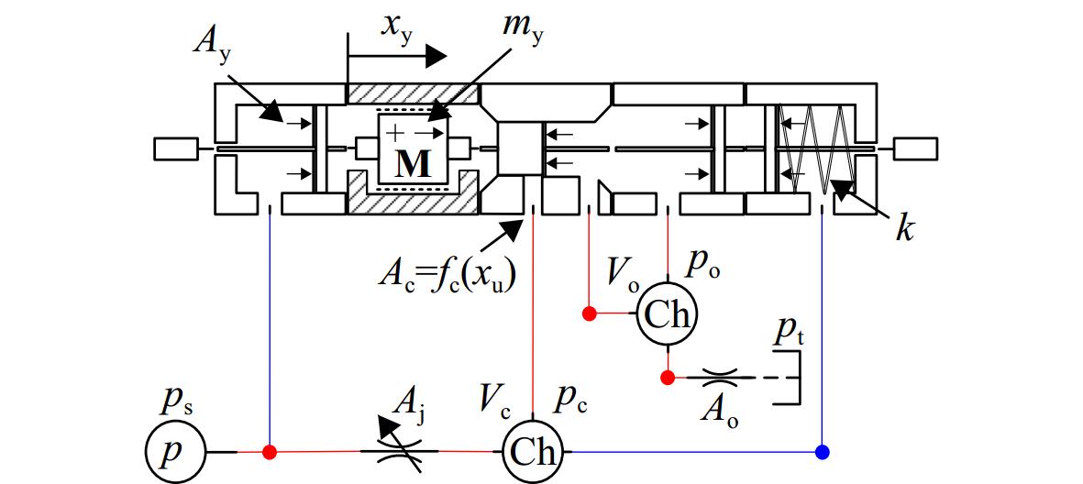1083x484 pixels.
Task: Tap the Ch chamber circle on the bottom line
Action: (532, 452)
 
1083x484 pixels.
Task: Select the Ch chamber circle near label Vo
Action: (668, 313)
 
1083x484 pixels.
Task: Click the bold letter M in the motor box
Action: (414, 164)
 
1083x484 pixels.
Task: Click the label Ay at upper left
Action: (211, 44)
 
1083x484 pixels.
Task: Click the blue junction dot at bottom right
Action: (822, 452)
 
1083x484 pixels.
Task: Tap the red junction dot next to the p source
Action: (270, 452)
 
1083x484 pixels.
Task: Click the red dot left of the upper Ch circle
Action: (589, 313)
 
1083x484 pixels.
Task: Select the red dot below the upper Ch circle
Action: (668, 377)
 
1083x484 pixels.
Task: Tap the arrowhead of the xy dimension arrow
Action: (436, 55)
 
